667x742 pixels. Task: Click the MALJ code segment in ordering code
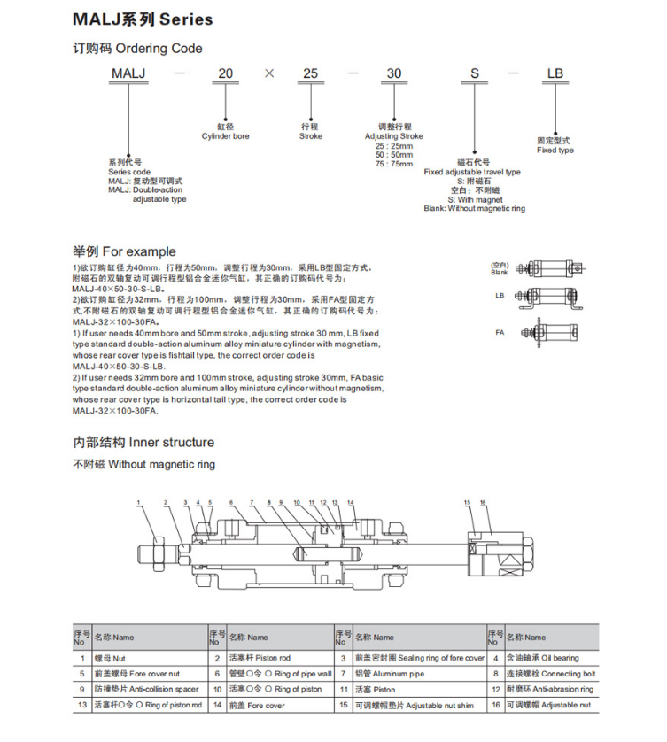click(128, 73)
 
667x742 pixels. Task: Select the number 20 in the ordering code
click(225, 73)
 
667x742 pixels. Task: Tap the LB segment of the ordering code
click(555, 73)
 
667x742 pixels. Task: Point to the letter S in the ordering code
click(474, 73)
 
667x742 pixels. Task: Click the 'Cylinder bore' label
click(225, 136)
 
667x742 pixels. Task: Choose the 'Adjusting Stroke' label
click(394, 136)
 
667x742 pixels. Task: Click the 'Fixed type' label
click(555, 150)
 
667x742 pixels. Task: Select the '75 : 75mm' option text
click(394, 164)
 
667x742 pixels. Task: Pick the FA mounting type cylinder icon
click(549, 333)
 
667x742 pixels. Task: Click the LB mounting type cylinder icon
click(549, 298)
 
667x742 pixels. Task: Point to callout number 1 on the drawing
click(138, 503)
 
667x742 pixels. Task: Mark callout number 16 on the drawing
click(483, 503)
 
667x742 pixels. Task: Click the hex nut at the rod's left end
click(159, 553)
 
